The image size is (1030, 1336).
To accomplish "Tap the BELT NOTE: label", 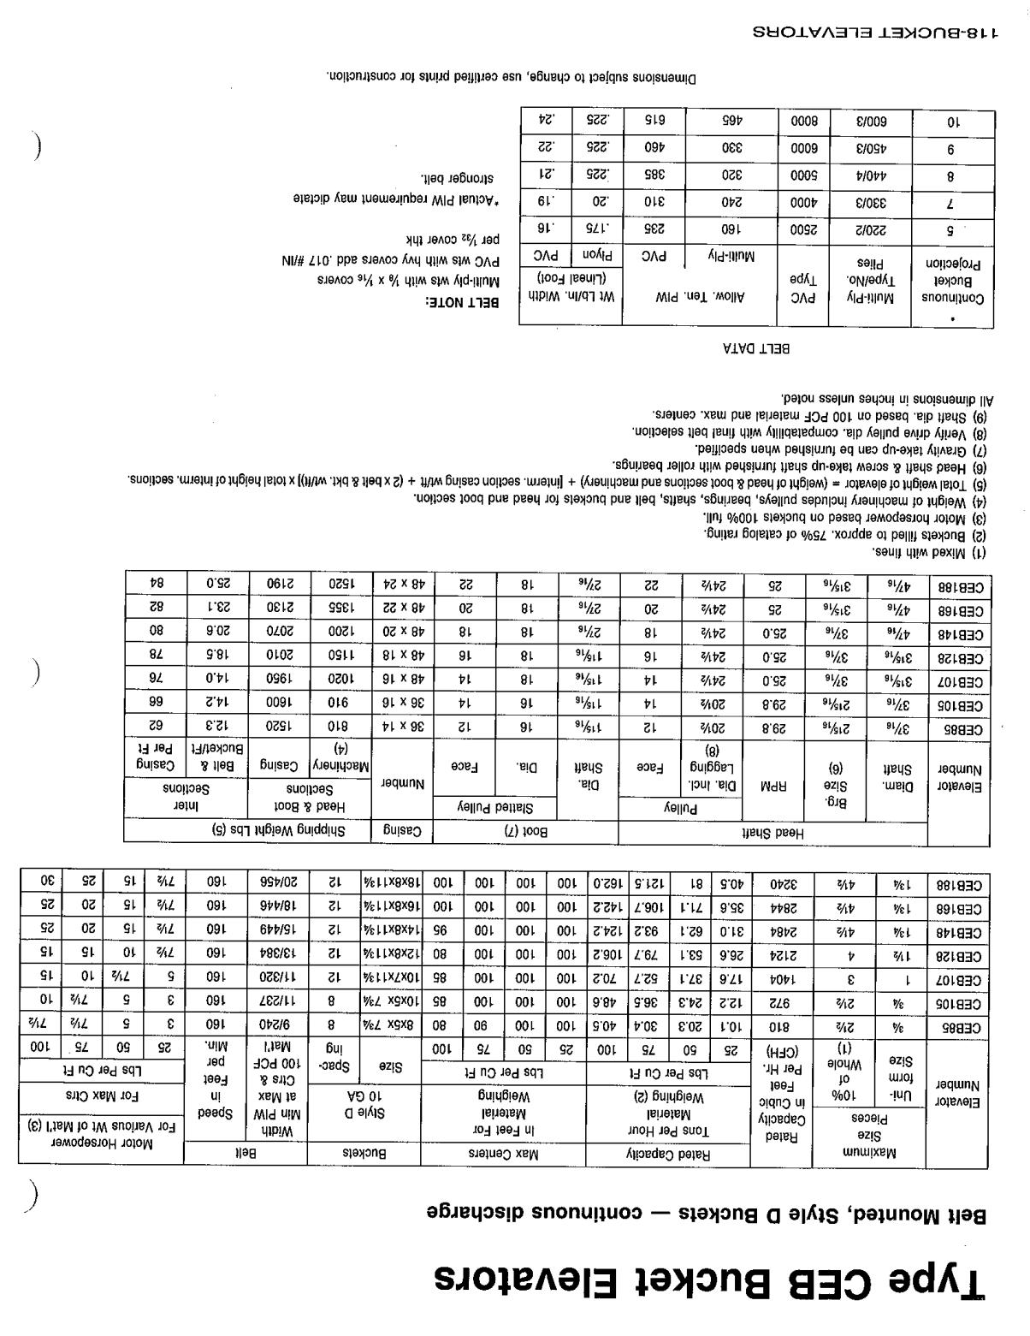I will [462, 303].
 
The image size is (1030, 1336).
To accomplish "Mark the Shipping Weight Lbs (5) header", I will [247, 830].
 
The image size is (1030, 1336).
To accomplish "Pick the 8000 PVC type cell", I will [802, 122].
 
